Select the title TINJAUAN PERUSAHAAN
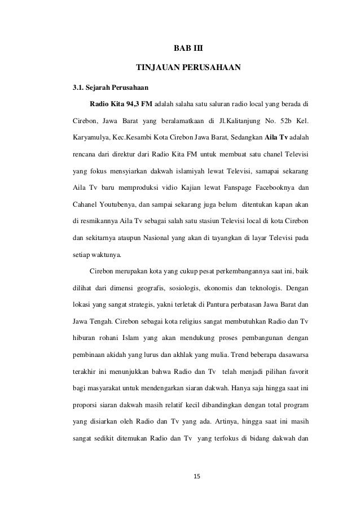(188, 69)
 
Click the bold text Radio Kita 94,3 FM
(121, 104)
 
